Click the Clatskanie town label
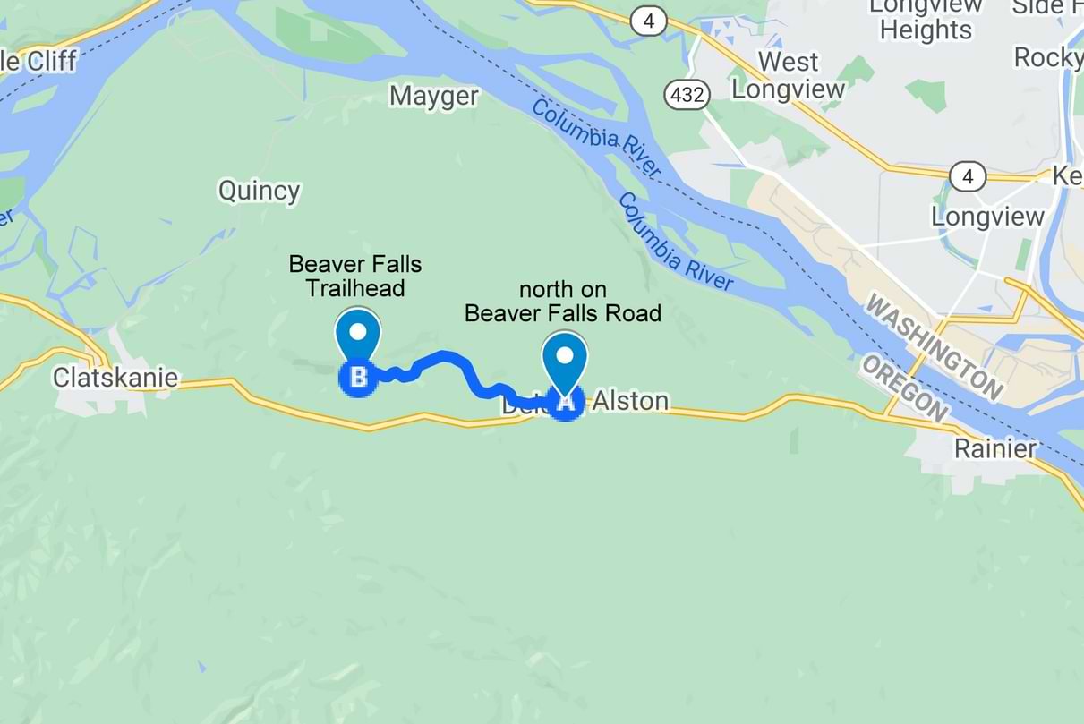point(115,378)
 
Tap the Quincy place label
point(260,191)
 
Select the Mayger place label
point(434,96)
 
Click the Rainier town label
point(994,448)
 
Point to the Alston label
point(631,401)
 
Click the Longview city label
point(987,217)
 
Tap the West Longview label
point(789,76)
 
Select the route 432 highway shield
point(687,94)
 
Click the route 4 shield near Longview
point(967,176)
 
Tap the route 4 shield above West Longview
point(648,21)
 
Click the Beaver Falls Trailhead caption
point(355,276)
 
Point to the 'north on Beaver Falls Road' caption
point(563,302)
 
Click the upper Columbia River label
point(596,139)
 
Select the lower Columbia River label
point(676,243)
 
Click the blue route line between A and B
point(448,359)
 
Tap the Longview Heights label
point(926,20)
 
